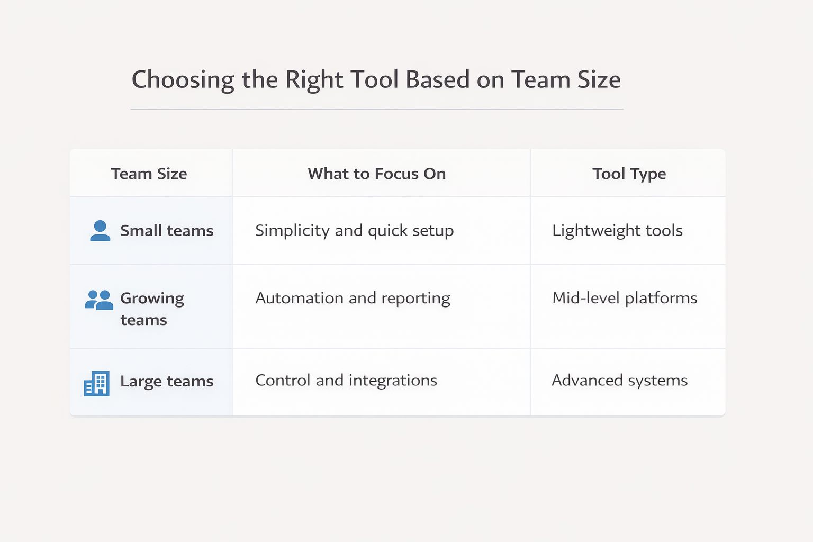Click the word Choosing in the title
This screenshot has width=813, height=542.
(x=183, y=80)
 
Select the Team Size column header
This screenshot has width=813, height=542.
(x=149, y=174)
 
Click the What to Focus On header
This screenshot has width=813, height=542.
(x=376, y=174)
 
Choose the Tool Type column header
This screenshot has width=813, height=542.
(x=629, y=174)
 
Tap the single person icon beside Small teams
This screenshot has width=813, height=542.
(x=100, y=231)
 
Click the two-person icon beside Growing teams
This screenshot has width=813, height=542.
(x=99, y=300)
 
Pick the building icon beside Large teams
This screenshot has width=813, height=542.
(x=97, y=383)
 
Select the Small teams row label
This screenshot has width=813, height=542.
(x=167, y=231)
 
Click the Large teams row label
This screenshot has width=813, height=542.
(x=167, y=381)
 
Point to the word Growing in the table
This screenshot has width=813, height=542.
(x=152, y=299)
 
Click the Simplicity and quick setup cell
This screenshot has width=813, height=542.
(x=354, y=231)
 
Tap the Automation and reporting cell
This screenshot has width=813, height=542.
(x=353, y=299)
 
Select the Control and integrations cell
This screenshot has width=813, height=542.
(x=346, y=381)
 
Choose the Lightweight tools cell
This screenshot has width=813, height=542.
(x=617, y=231)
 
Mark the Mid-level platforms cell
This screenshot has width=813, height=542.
(x=625, y=299)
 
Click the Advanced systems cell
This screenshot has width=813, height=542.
(x=619, y=381)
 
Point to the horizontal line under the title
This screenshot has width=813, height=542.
(x=377, y=109)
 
